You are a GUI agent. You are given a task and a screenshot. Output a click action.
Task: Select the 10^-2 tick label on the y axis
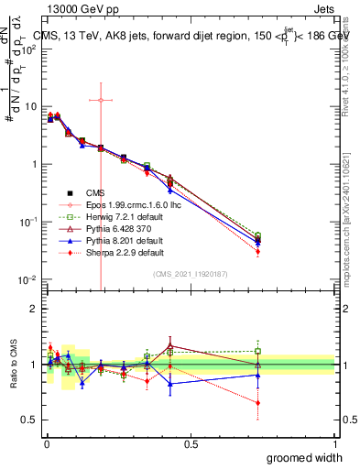27,279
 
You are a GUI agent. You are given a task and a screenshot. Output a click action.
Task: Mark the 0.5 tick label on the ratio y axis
27,420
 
